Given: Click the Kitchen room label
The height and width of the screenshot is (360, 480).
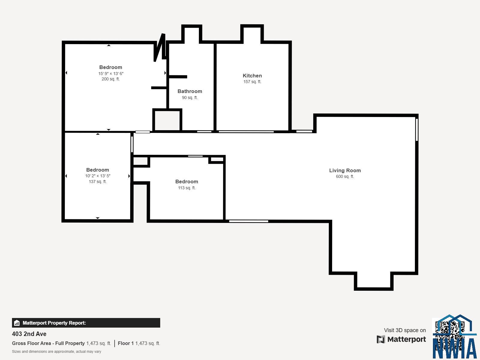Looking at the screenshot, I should [252, 76].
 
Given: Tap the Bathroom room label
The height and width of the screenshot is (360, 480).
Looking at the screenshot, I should [190, 91].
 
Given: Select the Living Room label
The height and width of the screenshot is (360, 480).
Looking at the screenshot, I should [345, 170].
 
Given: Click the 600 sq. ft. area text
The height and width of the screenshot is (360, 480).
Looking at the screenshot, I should [345, 177].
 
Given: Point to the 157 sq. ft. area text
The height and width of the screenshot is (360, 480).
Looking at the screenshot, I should [252, 82].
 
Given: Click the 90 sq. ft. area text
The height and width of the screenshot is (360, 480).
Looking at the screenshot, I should [190, 97].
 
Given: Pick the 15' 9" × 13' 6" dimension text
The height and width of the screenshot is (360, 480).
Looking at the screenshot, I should [111, 73].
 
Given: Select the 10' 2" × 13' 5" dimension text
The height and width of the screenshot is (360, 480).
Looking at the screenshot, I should [97, 176].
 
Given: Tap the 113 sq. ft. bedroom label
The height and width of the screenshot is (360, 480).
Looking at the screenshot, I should [187, 181].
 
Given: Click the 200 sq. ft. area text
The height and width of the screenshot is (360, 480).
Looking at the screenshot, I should [110, 79].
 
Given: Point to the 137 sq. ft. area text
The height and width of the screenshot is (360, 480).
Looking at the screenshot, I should [97, 182].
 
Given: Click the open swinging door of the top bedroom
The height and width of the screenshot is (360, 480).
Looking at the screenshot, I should [159, 48].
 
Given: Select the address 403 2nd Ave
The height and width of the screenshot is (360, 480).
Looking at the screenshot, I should [29, 334].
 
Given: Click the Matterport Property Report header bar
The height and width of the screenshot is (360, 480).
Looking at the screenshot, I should [86, 323].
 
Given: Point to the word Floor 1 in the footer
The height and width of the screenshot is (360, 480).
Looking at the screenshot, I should [126, 343].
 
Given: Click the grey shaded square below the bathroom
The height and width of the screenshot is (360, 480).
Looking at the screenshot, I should [167, 120].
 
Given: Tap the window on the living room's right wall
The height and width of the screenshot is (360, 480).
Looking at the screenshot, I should [417, 130].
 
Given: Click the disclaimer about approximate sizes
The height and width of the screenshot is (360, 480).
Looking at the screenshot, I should [56, 352].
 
